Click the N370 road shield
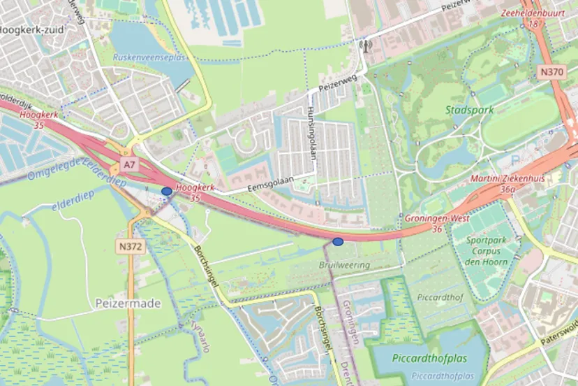point(551,72)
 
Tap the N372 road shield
point(129,246)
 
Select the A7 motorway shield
point(128,164)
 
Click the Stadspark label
point(469,110)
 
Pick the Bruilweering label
point(344,265)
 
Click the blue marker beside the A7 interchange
point(167,190)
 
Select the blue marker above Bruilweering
point(338,241)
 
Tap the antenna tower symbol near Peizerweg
point(362,48)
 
